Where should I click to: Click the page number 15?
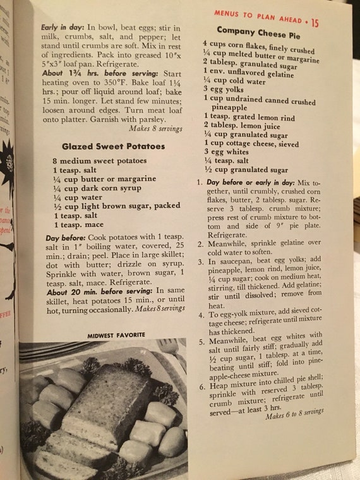pyautogui.click(x=315, y=23)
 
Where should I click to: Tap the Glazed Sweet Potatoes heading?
pyautogui.click(x=114, y=147)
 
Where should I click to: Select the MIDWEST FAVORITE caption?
pyautogui.click(x=116, y=334)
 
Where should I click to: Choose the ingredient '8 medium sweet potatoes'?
pyautogui.click(x=101, y=162)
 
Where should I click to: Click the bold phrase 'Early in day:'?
pyautogui.click(x=62, y=28)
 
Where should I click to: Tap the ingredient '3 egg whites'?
pyautogui.click(x=227, y=152)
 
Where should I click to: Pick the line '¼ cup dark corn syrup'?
pyautogui.click(x=97, y=188)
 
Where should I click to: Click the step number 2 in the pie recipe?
pyautogui.click(x=200, y=242)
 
